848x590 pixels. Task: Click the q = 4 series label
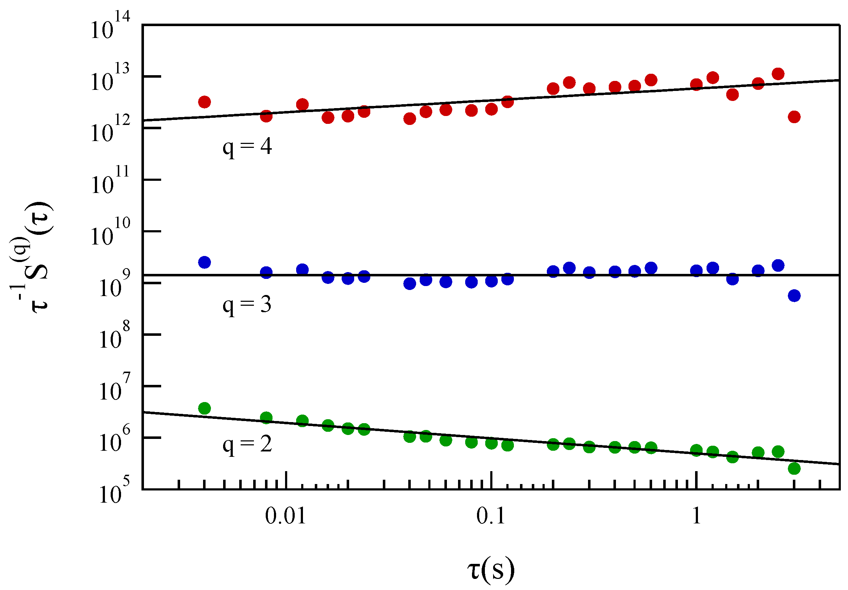pyautogui.click(x=247, y=147)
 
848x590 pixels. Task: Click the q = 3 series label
pyautogui.click(x=247, y=305)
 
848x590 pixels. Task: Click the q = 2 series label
pyautogui.click(x=247, y=444)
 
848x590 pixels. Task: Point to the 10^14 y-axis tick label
pyautogui.click(x=110, y=26)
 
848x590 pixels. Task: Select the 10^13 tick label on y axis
pyautogui.click(x=110, y=78)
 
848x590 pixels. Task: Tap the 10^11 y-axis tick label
pyautogui.click(x=110, y=181)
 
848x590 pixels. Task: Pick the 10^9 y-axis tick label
pyautogui.click(x=115, y=284)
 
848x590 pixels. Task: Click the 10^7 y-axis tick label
pyautogui.click(x=115, y=387)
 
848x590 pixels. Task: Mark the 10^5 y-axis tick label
pyautogui.click(x=115, y=491)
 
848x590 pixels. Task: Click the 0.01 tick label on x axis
pyautogui.click(x=285, y=516)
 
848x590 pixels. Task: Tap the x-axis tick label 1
pyautogui.click(x=696, y=516)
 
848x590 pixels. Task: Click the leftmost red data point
pyautogui.click(x=204, y=102)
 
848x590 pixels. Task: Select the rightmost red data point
pyautogui.click(x=794, y=117)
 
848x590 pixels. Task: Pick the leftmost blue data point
pyautogui.click(x=204, y=262)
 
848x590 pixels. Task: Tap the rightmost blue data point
pyautogui.click(x=794, y=295)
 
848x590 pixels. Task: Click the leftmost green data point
pyautogui.click(x=204, y=408)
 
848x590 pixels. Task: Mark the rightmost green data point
pyautogui.click(x=794, y=469)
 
